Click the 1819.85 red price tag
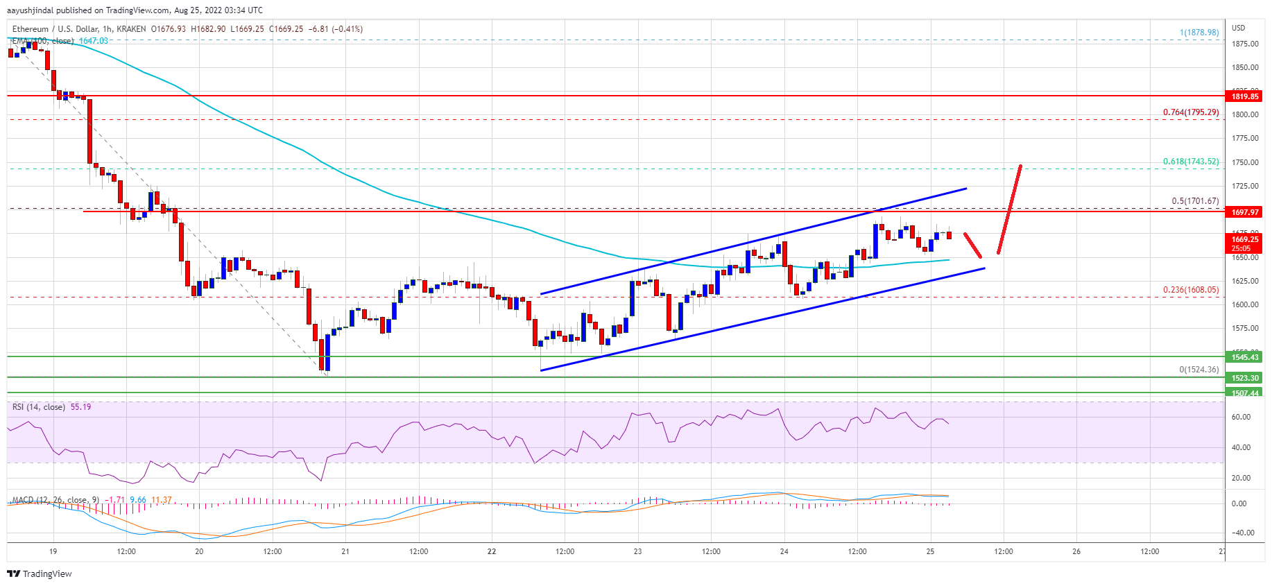click(1245, 97)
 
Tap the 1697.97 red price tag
click(1245, 212)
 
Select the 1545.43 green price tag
click(1245, 357)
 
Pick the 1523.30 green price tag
click(1245, 378)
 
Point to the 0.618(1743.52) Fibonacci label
click(1190, 162)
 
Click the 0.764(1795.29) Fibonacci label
click(1190, 112)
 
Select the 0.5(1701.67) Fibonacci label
click(1194, 201)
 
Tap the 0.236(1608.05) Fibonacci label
click(1190, 290)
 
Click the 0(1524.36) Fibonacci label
click(1198, 370)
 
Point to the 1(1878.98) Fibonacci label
click(1198, 33)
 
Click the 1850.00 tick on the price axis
click(1245, 68)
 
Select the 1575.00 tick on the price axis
click(1245, 328)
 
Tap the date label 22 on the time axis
click(492, 552)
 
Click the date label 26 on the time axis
click(1076, 552)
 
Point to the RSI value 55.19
click(80, 407)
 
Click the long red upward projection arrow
click(1009, 209)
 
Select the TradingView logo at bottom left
click(40, 574)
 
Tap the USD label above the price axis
click(1238, 28)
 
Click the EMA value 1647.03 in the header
click(93, 41)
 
